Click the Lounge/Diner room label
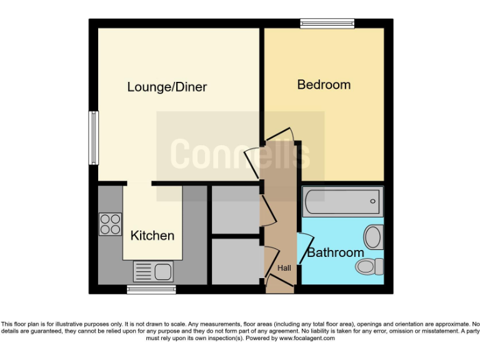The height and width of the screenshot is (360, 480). [167, 87]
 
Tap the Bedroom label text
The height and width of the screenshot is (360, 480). [324, 84]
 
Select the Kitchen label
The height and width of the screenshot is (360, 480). [152, 236]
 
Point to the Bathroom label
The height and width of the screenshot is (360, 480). [335, 252]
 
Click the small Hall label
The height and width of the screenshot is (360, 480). [284, 268]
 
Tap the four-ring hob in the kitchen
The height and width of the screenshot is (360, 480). [110, 224]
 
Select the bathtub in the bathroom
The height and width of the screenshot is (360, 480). [342, 201]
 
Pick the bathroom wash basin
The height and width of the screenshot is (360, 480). [373, 237]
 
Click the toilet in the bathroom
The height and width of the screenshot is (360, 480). [371, 267]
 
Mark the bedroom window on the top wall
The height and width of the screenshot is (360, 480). [327, 24]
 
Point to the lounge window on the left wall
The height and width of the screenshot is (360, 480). [93, 138]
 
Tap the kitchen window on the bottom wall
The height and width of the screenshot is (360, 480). [151, 289]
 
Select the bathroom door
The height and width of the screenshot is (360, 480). [304, 246]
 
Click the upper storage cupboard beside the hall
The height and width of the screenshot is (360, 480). [236, 209]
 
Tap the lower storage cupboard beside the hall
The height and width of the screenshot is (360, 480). [236, 261]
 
